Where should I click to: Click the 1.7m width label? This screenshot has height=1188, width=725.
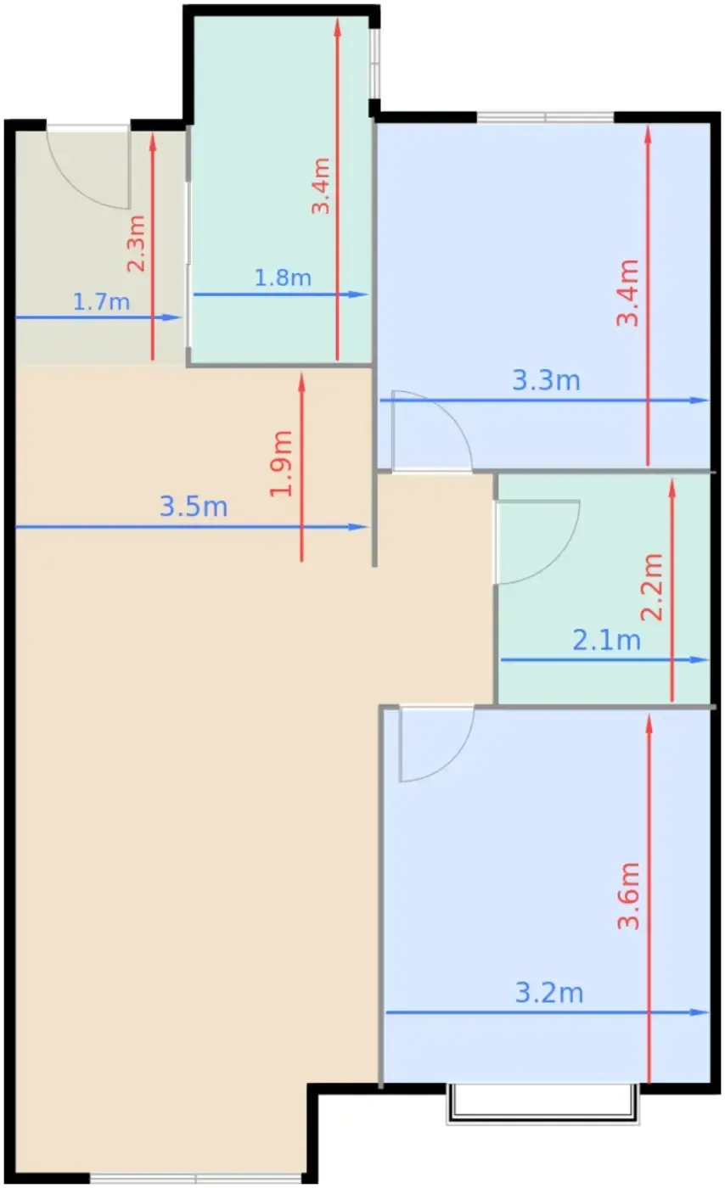point(101,302)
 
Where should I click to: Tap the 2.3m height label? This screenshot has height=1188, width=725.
point(137,244)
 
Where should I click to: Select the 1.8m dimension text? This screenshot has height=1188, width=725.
point(283,278)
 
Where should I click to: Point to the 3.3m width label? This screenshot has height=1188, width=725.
point(546,381)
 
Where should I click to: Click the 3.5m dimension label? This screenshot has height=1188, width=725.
point(194,507)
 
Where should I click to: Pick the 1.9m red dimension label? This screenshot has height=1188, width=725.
point(281,463)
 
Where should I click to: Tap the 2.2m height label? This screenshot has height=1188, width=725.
point(652,586)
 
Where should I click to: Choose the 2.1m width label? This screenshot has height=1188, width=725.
point(607,641)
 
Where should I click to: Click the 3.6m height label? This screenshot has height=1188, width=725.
point(629,896)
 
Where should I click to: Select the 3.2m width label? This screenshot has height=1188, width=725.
point(549,993)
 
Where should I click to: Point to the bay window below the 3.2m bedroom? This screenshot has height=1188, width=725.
point(542,1104)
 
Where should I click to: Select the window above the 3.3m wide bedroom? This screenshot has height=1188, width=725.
point(545,117)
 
